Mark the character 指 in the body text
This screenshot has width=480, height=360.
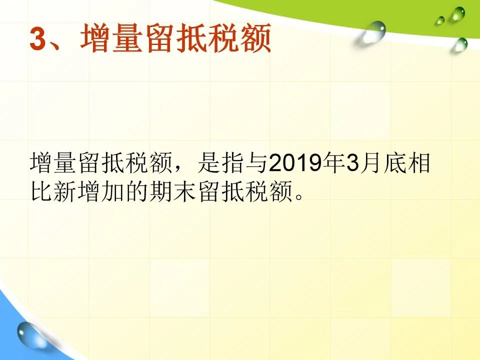point(233,162)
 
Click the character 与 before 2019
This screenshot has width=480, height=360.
point(256,162)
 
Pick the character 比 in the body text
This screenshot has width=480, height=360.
point(41,192)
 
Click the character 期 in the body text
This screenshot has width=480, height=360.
point(160,192)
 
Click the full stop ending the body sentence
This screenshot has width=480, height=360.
point(299,197)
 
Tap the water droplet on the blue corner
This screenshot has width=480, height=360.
point(29,335)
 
